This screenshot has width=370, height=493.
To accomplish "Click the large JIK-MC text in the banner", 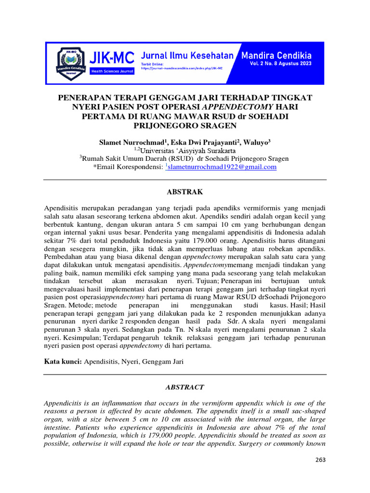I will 112,59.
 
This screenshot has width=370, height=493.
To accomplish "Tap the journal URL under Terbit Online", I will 182,68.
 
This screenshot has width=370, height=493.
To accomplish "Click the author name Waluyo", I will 256,143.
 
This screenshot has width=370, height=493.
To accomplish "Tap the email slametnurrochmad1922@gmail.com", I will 222,167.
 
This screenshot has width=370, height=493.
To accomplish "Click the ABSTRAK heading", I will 185,192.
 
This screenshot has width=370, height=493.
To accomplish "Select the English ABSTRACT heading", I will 185,387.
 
